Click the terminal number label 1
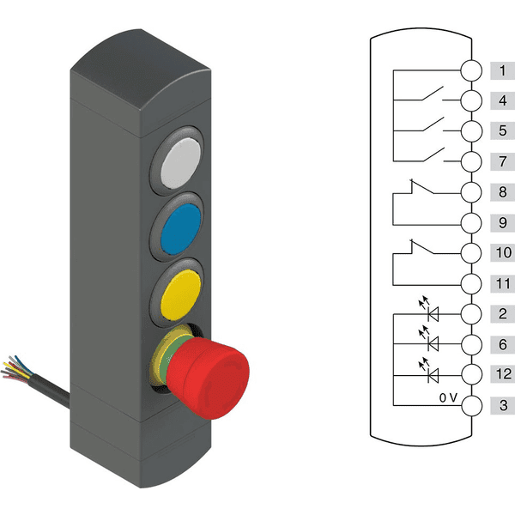(x=502, y=70)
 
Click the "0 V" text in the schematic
(x=448, y=397)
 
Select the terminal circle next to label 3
(x=471, y=406)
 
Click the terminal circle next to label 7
(x=471, y=161)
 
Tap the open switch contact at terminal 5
(x=433, y=124)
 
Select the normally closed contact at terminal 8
(x=421, y=186)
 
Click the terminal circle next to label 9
(x=471, y=223)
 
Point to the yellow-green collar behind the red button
(x=161, y=356)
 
